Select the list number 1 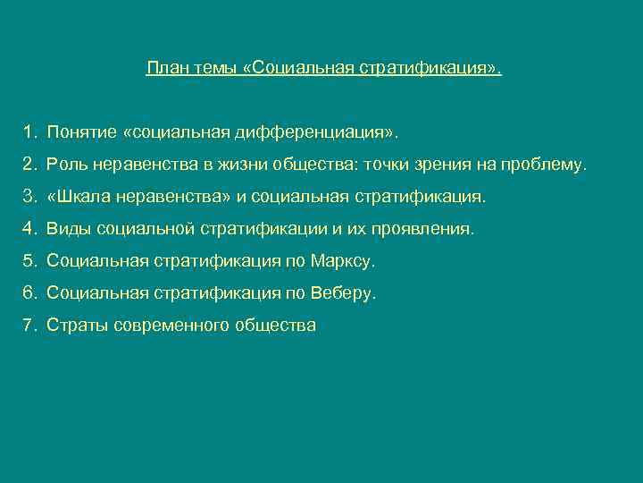click(29, 132)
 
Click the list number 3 click(29, 197)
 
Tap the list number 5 click(29, 261)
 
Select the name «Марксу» click(343, 261)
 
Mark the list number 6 click(29, 293)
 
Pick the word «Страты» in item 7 click(78, 326)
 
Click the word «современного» click(168, 326)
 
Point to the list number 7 click(29, 326)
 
